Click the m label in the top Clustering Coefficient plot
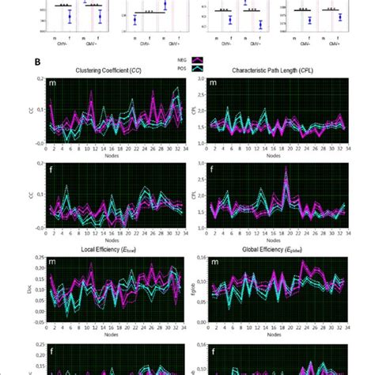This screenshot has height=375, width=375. pos(53,84)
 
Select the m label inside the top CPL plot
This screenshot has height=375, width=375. pos(211,84)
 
